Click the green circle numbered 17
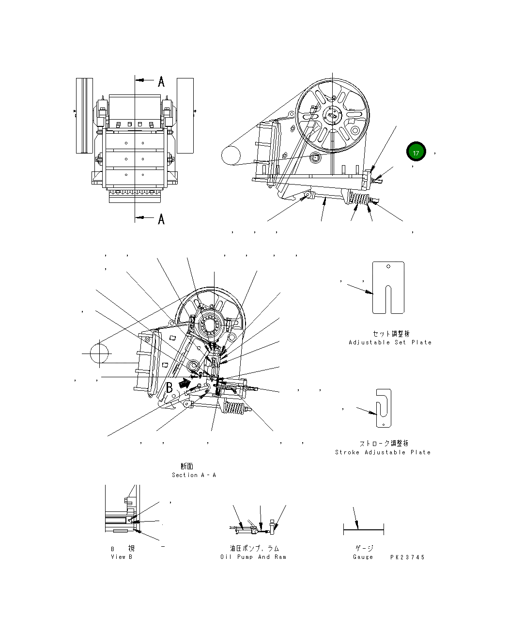coord(416,152)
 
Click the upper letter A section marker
coord(161,81)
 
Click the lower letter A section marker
coord(161,219)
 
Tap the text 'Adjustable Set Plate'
coord(390,342)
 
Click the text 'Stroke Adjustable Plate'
coord(383,452)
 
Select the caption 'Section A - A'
coord(194,475)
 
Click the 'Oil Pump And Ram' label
coord(253,557)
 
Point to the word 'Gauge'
coord(363,557)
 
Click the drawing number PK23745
coord(408,557)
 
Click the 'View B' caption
coord(122,557)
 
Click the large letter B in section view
coord(169,387)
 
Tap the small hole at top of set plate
coord(388,266)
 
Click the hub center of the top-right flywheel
coord(333,115)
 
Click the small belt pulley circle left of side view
coord(231,155)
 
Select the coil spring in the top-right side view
coord(359,199)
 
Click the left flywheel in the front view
coord(84,115)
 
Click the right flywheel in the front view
coord(185,115)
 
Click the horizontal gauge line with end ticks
coord(364,530)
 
